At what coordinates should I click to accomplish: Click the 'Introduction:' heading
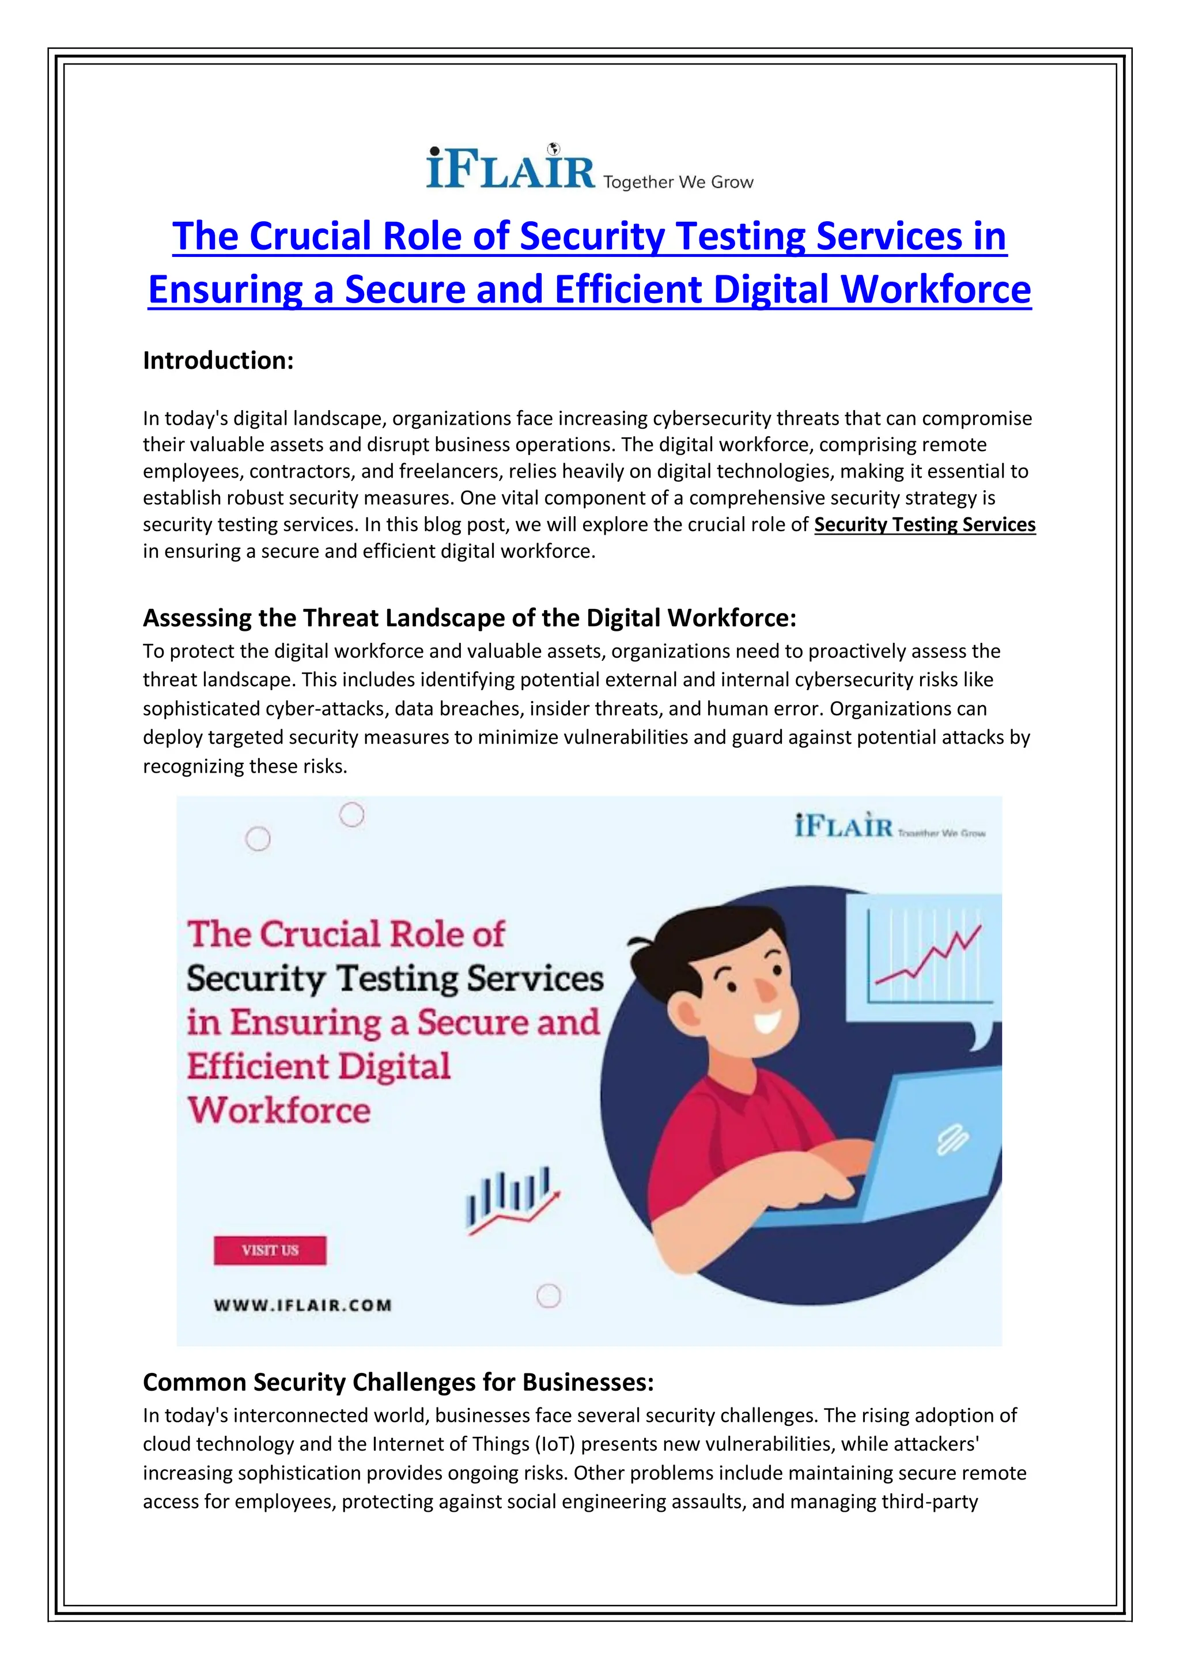tap(218, 361)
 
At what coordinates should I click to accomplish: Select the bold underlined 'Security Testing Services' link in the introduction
tap(924, 524)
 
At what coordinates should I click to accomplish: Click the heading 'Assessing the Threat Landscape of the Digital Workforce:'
tap(469, 618)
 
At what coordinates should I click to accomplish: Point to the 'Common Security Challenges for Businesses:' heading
tap(398, 1382)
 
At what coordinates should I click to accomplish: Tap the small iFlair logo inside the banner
tap(844, 828)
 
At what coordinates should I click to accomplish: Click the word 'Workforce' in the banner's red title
tap(279, 1111)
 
